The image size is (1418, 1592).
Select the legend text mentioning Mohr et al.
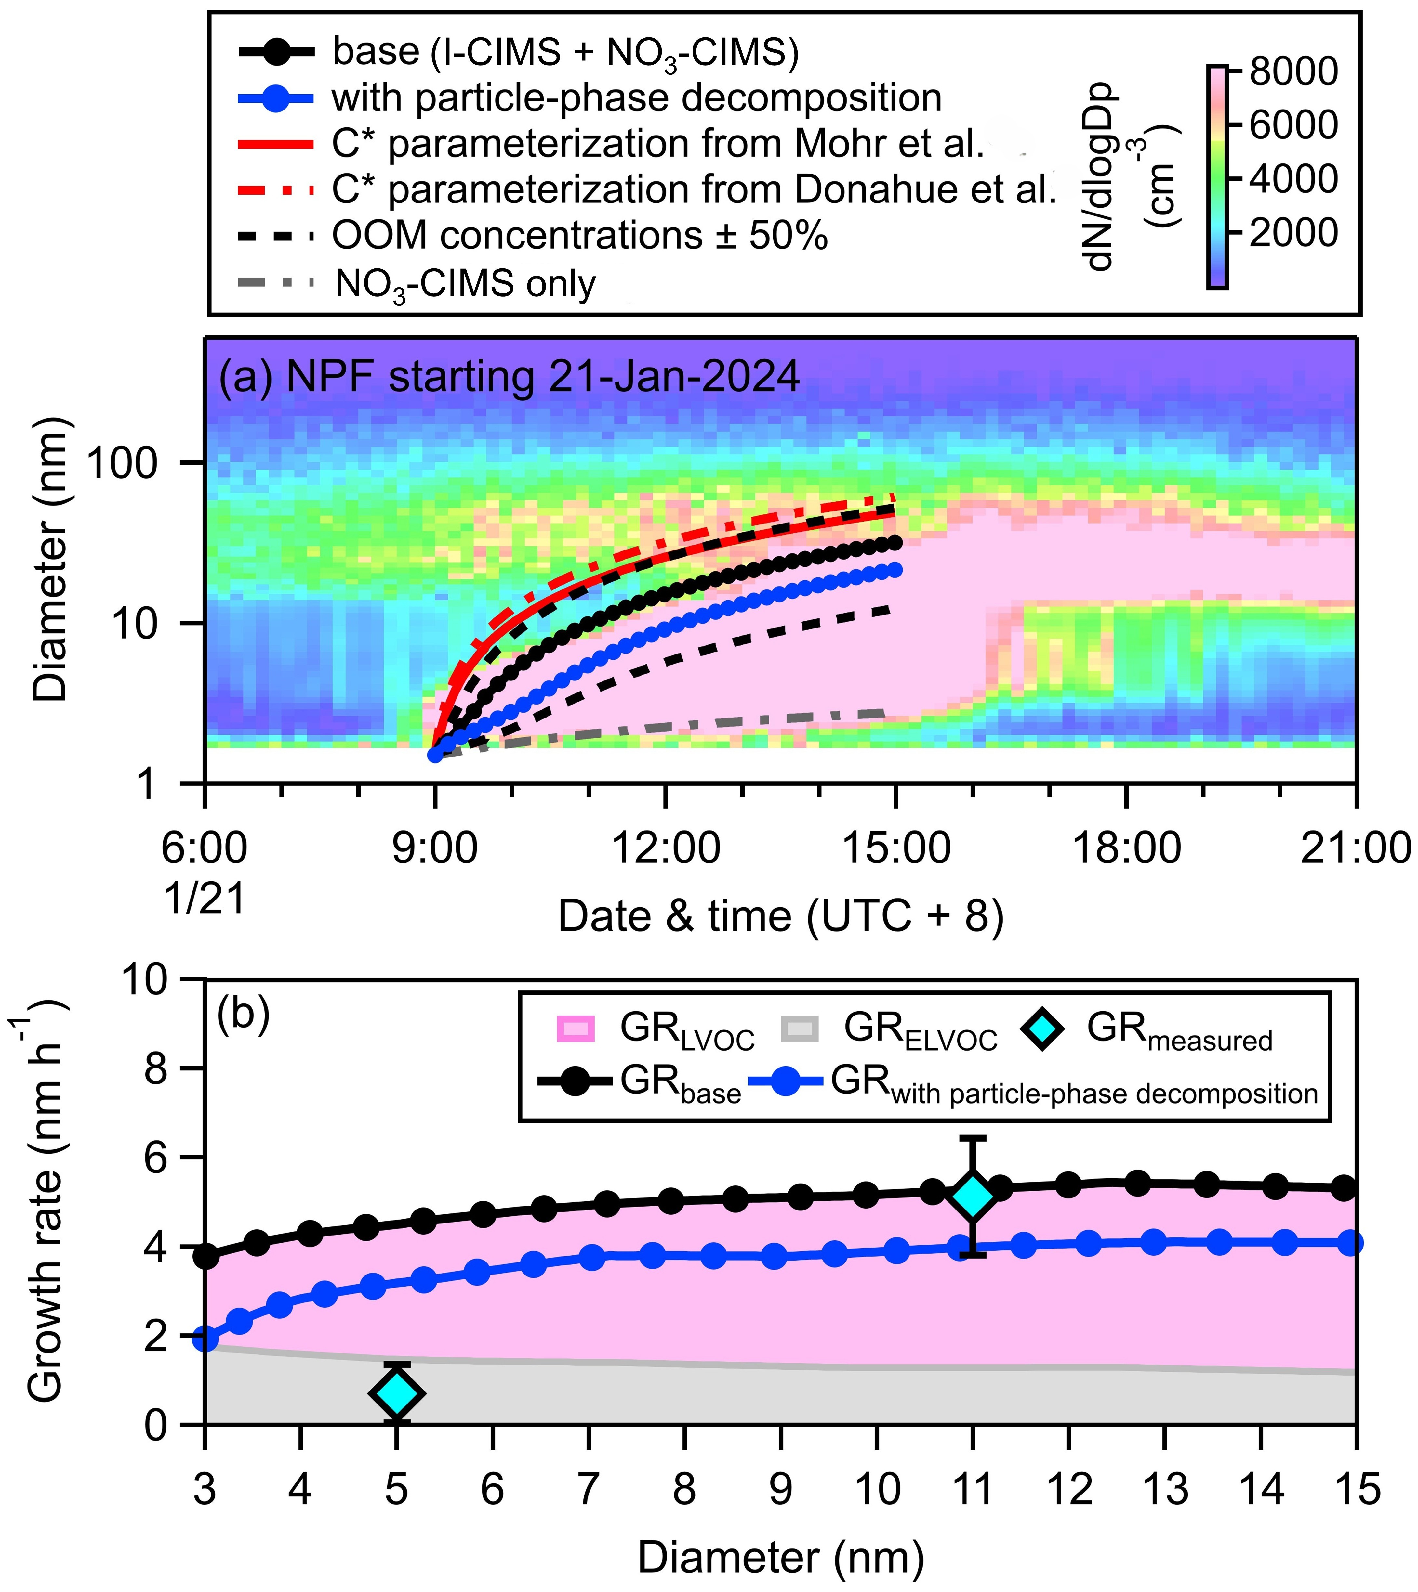tap(658, 144)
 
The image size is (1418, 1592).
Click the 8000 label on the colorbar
tap(1293, 72)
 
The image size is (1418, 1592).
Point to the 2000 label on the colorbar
tap(1293, 232)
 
